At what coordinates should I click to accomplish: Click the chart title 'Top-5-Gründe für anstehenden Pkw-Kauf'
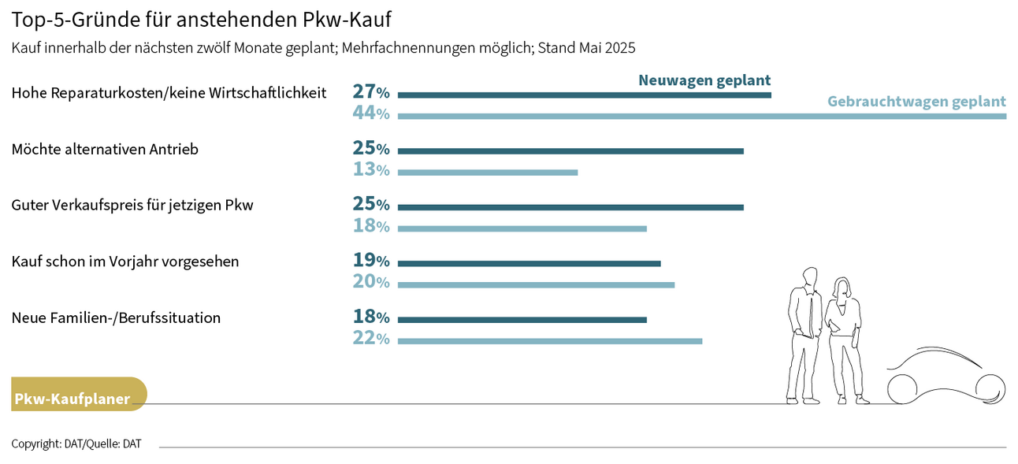click(x=201, y=18)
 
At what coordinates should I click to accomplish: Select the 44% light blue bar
click(x=701, y=116)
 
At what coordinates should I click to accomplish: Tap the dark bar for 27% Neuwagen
click(x=584, y=95)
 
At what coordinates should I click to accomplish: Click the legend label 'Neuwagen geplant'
click(x=704, y=80)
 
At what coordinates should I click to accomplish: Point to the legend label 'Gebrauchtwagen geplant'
click(x=916, y=102)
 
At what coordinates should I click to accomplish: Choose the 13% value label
click(x=371, y=170)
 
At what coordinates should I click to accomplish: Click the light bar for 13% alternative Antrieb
click(x=487, y=172)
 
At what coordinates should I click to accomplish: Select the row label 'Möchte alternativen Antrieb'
click(x=105, y=149)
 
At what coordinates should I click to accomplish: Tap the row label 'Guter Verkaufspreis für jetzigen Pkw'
click(x=132, y=206)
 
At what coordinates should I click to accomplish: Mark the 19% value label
click(x=371, y=261)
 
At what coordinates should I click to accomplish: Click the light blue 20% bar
click(x=536, y=284)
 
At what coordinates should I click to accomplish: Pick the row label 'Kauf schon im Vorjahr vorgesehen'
click(x=125, y=262)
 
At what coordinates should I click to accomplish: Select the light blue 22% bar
click(x=549, y=341)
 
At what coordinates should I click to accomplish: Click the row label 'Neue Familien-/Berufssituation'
click(x=116, y=318)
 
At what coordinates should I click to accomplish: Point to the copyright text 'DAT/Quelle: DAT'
click(x=76, y=444)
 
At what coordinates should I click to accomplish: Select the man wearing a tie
click(x=804, y=335)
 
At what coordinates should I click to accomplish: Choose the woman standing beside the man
click(x=843, y=339)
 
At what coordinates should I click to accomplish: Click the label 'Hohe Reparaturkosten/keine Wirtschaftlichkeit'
click(x=169, y=93)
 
